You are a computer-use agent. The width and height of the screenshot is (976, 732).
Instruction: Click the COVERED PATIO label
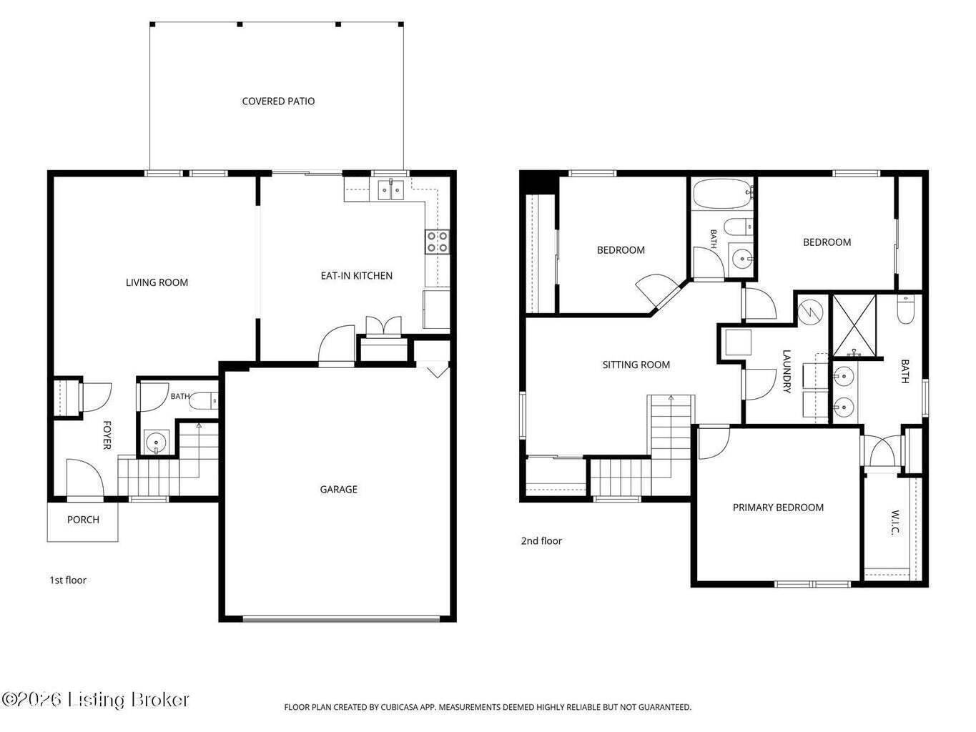click(x=278, y=102)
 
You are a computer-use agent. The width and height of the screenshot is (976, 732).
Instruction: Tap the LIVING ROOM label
click(x=157, y=282)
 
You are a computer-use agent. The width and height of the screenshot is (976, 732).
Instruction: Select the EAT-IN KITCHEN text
click(x=356, y=275)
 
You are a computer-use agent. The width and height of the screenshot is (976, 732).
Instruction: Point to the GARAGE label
click(x=338, y=490)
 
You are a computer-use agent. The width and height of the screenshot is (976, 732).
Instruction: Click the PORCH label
click(x=83, y=520)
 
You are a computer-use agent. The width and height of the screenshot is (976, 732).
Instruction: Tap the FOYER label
click(x=107, y=435)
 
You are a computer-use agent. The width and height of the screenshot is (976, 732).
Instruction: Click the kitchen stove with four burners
click(x=437, y=242)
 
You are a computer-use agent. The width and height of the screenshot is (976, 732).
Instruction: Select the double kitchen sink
click(x=390, y=189)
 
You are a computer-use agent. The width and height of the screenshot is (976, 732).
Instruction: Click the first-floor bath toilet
click(x=204, y=402)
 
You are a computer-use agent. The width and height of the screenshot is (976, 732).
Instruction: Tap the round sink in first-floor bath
click(x=156, y=442)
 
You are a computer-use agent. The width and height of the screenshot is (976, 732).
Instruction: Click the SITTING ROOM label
click(x=636, y=365)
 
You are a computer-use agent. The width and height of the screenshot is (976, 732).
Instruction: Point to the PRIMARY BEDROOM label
click(x=778, y=508)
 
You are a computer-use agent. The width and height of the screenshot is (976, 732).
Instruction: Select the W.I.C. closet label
click(x=895, y=523)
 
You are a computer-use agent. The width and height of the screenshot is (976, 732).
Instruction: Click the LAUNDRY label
click(x=786, y=372)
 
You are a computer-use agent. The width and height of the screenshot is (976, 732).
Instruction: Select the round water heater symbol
click(x=810, y=312)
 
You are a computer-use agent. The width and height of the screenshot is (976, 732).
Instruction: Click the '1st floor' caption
click(x=68, y=580)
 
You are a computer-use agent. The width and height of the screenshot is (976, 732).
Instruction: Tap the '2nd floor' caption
click(x=541, y=541)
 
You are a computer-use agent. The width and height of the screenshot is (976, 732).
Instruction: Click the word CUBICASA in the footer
click(x=399, y=707)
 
